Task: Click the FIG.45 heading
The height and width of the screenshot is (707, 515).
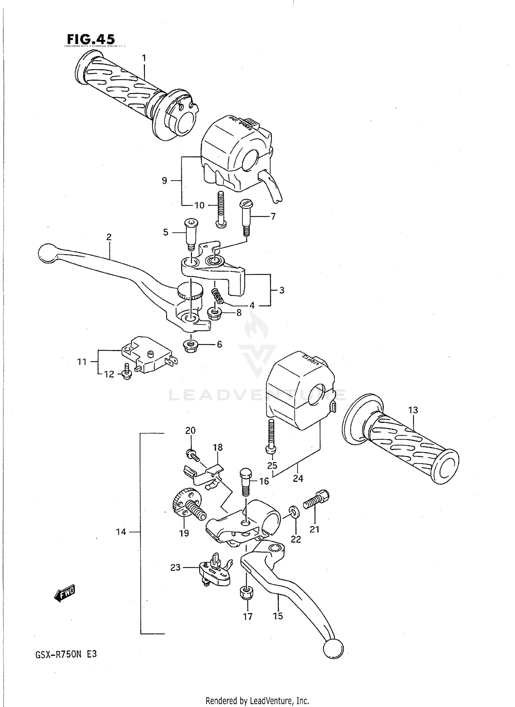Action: (x=91, y=39)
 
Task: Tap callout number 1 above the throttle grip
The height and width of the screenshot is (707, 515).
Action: (x=144, y=58)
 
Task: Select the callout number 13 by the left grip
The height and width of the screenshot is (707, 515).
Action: (x=413, y=410)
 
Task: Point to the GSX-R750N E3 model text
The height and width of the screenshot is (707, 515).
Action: (x=66, y=654)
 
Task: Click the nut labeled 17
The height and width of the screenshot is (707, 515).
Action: (x=246, y=593)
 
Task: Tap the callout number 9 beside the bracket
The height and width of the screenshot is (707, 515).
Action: (x=164, y=180)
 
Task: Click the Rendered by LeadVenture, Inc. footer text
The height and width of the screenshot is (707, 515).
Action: (x=257, y=700)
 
